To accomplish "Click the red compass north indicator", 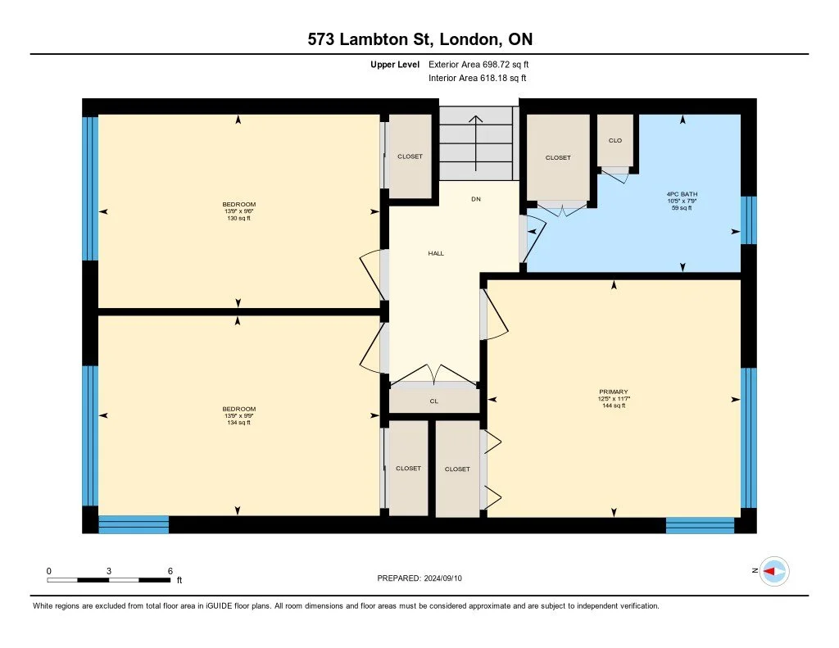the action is pyautogui.click(x=769, y=572).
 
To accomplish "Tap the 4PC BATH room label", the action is pyautogui.click(x=682, y=194).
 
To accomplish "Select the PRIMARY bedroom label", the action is pyautogui.click(x=614, y=392).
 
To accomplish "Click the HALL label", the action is pyautogui.click(x=436, y=253).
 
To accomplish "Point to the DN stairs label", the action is pyautogui.click(x=476, y=199).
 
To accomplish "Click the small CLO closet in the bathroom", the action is pyautogui.click(x=615, y=140).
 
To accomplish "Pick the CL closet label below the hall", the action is pyautogui.click(x=434, y=401).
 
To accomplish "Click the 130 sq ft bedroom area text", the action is pyautogui.click(x=238, y=218).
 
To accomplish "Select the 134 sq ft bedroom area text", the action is pyautogui.click(x=238, y=423).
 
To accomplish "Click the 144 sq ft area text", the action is pyautogui.click(x=614, y=406).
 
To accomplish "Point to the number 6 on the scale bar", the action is pyautogui.click(x=170, y=571).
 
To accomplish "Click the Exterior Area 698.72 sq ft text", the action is pyautogui.click(x=478, y=64).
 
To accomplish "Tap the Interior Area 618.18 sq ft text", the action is pyautogui.click(x=478, y=78).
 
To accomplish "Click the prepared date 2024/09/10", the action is pyautogui.click(x=443, y=578).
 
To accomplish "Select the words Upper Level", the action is pyautogui.click(x=395, y=65).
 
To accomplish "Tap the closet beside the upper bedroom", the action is pyautogui.click(x=410, y=156).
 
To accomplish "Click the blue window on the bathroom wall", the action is pyautogui.click(x=749, y=220).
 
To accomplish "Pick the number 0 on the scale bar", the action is pyautogui.click(x=48, y=571).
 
